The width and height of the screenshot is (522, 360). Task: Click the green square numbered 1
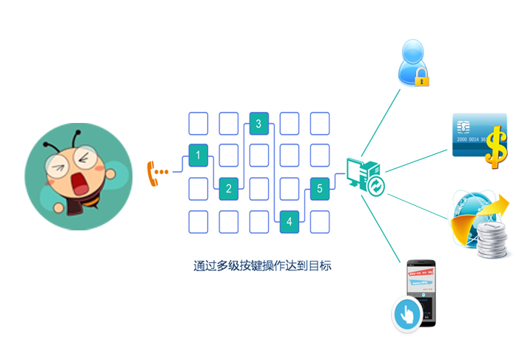[x=198, y=156]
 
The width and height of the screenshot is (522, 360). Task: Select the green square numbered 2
[x=229, y=188]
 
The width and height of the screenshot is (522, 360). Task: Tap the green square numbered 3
[x=258, y=124]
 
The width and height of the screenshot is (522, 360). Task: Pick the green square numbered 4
[x=290, y=221]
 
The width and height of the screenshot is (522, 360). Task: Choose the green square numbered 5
[x=320, y=188]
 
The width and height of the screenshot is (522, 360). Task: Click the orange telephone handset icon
[x=155, y=173]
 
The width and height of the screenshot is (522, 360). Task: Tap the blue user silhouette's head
[x=412, y=53]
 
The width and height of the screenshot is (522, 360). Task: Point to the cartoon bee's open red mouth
[x=77, y=181]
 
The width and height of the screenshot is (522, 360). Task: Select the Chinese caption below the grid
[x=262, y=265]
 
